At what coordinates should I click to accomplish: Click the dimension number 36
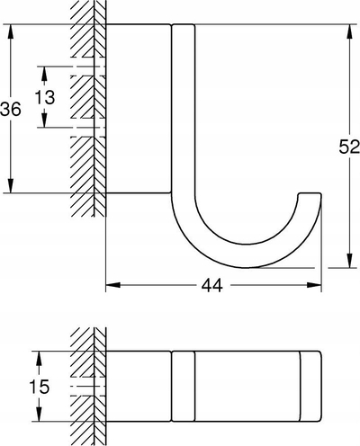point(11,109)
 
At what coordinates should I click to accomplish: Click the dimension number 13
point(45,97)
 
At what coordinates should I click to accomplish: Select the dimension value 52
point(349,147)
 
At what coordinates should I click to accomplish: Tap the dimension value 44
point(212,285)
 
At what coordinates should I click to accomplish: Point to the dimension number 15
point(40,387)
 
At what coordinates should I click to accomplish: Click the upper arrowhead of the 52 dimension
point(349,31)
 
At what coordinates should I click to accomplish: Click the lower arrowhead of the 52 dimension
point(349,260)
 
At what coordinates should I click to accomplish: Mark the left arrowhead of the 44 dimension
point(113,285)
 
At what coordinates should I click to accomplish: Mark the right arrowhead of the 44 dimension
point(314,285)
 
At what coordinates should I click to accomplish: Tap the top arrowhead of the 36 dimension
point(11,31)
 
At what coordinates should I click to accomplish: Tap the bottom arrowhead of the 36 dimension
point(11,185)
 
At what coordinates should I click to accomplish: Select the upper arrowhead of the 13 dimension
point(44,74)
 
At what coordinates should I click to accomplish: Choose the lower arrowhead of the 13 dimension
point(44,120)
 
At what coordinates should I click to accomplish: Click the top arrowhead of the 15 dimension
point(39,358)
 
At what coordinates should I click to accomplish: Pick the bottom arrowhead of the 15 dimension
point(39,414)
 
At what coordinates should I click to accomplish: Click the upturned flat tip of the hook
point(310,194)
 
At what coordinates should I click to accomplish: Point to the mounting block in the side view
point(139,108)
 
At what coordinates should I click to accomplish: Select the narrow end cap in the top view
point(310,386)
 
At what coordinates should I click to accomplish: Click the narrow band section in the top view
point(184,386)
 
